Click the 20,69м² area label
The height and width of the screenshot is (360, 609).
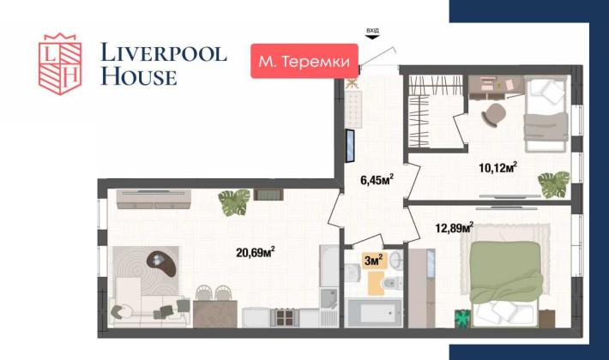255,251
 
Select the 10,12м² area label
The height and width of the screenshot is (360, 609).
498,166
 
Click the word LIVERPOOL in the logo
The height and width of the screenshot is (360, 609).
164,53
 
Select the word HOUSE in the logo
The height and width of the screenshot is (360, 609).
139,76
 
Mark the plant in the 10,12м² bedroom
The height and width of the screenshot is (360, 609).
553,183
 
